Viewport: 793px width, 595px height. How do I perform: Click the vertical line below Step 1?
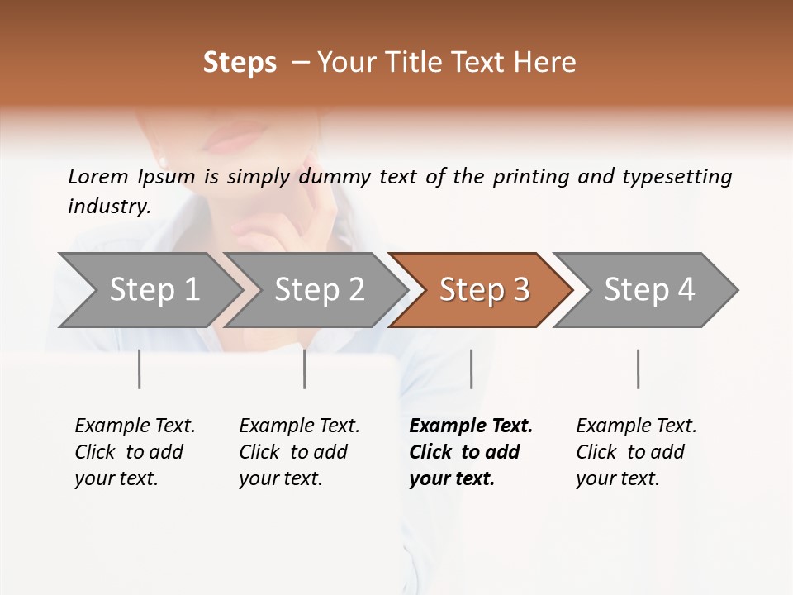click(140, 369)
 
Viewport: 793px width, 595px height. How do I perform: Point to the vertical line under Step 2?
click(305, 369)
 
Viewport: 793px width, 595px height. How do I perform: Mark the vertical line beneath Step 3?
click(472, 369)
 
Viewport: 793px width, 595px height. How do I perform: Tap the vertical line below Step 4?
click(638, 369)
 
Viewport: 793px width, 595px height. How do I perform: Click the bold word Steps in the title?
click(240, 63)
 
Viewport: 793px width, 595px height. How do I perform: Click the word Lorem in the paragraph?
click(98, 177)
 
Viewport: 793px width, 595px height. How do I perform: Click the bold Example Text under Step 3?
click(471, 426)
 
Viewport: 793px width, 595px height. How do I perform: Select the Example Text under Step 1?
click(135, 426)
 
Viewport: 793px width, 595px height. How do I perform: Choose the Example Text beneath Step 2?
click(299, 426)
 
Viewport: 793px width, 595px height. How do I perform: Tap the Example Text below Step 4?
click(636, 426)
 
